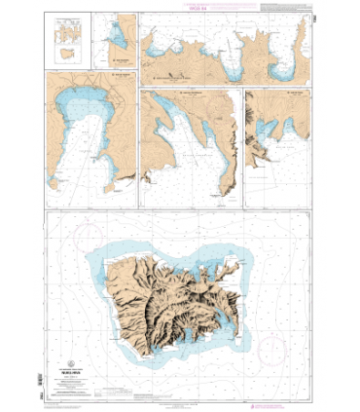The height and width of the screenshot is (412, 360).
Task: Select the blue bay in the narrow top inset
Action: pos(118,39)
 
